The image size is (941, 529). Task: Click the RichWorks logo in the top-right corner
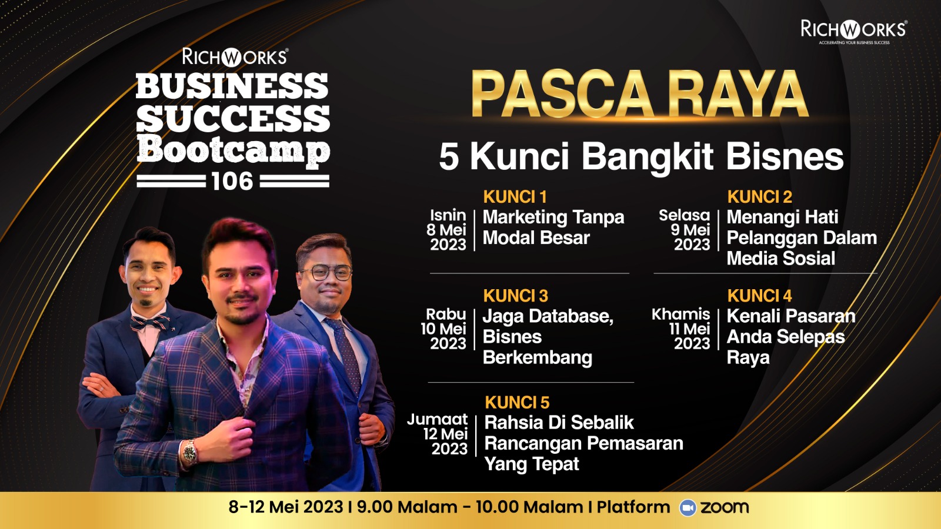[854, 31]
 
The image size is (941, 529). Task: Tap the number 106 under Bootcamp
[233, 182]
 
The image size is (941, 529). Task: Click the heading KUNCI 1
[515, 196]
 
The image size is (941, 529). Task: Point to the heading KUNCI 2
[759, 196]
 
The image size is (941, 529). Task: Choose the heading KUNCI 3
[515, 296]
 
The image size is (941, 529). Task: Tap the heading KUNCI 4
[759, 296]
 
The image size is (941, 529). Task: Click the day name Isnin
[448, 215]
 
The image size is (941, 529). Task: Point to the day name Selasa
[685, 215]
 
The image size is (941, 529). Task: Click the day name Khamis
[680, 314]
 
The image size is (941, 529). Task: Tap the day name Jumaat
[438, 420]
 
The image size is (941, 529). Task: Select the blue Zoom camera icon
[688, 508]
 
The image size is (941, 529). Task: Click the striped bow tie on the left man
[149, 323]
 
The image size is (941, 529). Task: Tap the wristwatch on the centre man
[189, 453]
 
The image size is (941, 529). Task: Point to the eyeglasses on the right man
[326, 273]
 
